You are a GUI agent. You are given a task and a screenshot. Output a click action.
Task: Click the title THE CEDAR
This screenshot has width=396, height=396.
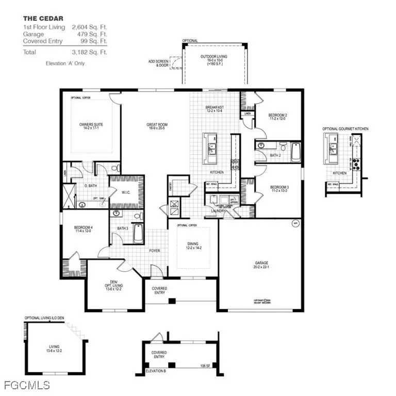click(43, 19)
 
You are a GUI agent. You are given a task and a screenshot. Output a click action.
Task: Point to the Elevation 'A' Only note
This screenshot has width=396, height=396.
click(65, 63)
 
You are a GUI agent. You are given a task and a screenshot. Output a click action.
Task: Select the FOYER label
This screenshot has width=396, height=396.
click(155, 251)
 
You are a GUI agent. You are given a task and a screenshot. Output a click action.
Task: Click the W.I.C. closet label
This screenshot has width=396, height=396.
click(127, 193)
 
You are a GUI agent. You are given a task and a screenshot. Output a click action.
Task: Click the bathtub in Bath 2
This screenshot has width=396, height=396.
click(296, 152)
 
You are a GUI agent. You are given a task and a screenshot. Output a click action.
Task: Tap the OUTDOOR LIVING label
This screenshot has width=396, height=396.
click(213, 58)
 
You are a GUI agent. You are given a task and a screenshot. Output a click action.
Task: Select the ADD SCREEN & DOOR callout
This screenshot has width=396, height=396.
click(158, 63)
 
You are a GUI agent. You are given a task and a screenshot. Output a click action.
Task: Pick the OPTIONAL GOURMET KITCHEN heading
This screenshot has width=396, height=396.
click(345, 129)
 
